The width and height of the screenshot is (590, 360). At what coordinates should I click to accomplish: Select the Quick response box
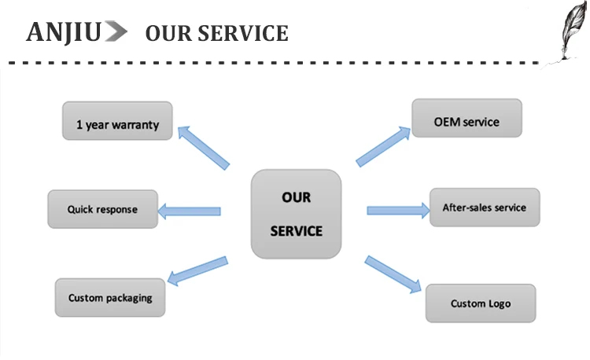(x=102, y=209)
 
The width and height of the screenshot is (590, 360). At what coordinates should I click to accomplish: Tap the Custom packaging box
(x=110, y=298)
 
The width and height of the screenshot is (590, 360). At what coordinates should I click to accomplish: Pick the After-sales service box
(x=484, y=208)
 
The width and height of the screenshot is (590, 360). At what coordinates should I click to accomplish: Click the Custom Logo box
(x=481, y=303)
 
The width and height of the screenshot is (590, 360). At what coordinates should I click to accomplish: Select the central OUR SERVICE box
(x=297, y=215)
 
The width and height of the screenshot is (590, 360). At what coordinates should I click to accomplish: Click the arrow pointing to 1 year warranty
(x=203, y=145)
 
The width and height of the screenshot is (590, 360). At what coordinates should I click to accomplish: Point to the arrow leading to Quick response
(x=190, y=211)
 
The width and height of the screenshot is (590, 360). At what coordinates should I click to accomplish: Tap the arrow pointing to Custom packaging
(x=198, y=270)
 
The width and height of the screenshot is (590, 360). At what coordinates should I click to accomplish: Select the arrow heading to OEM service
(x=385, y=146)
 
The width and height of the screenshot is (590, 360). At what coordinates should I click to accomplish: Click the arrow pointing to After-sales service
(x=397, y=210)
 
